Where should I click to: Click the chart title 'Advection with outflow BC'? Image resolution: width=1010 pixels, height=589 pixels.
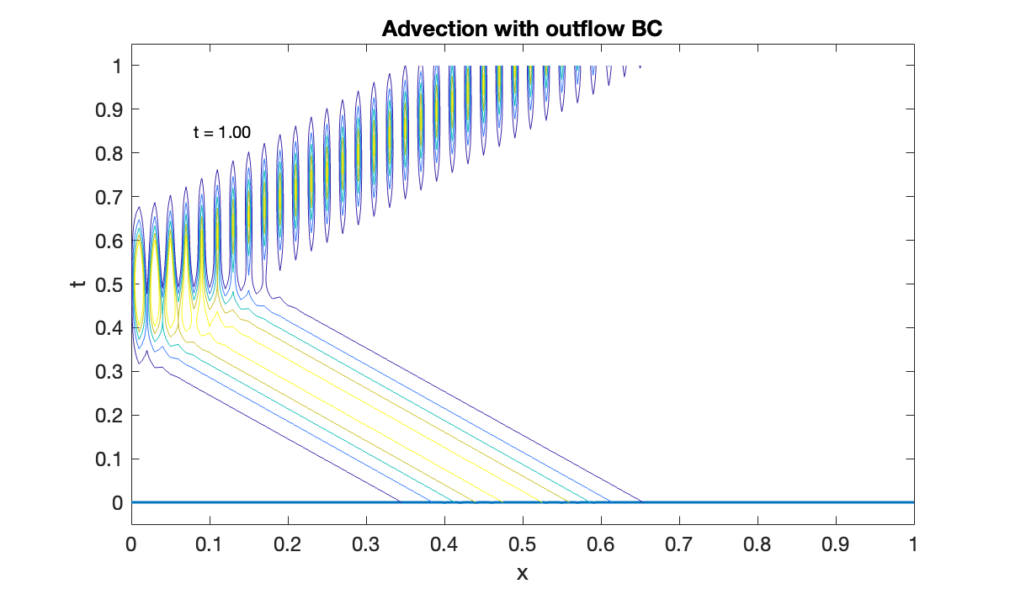point(523,29)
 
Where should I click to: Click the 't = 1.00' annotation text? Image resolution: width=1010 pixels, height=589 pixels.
point(222,132)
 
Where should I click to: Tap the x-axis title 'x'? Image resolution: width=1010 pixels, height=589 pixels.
point(522,573)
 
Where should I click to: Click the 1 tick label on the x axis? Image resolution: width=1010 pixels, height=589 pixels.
point(914,544)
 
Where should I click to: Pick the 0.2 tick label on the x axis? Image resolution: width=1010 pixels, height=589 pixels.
point(288,544)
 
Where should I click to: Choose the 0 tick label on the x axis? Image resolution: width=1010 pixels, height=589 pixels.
point(131,544)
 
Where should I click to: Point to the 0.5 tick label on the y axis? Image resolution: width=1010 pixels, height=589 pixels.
point(108,284)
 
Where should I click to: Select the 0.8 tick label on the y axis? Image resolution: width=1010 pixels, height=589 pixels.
point(108,153)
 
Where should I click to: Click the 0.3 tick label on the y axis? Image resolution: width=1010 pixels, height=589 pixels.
point(108,372)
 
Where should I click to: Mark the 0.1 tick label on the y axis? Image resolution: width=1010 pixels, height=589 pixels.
point(108,459)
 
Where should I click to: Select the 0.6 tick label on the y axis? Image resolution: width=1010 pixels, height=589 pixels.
point(108,241)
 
